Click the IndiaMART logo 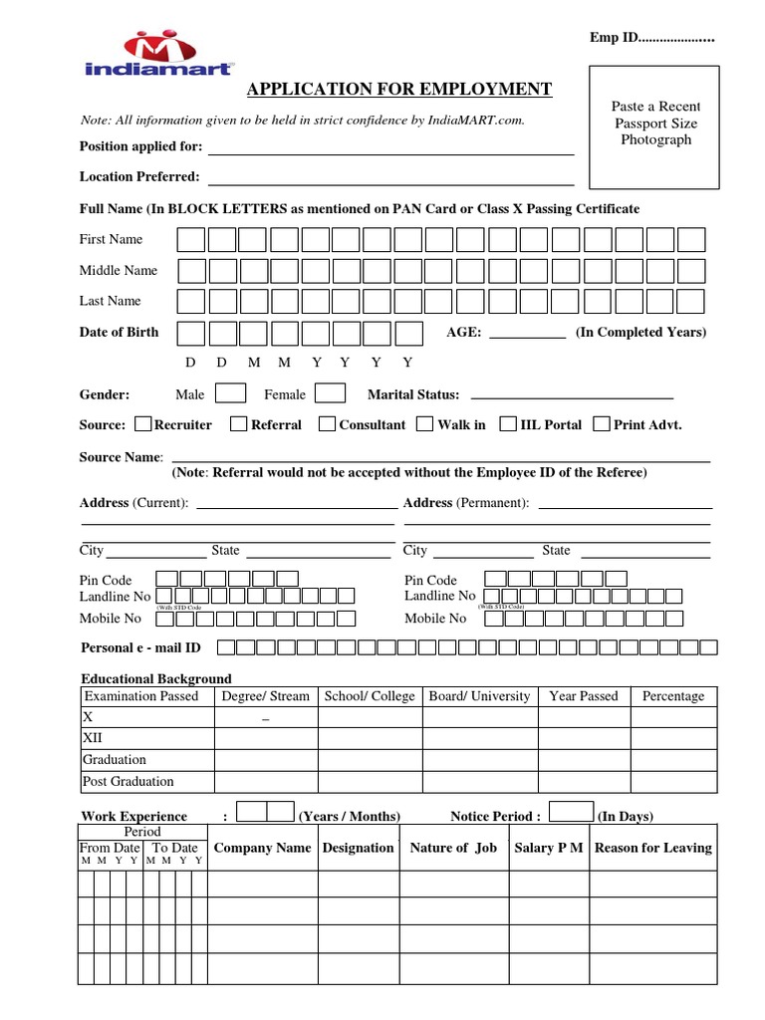[x=173, y=55]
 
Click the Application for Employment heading [x=399, y=90]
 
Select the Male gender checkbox [x=231, y=393]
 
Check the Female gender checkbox [x=331, y=393]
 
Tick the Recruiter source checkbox [x=141, y=423]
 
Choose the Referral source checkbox [x=238, y=423]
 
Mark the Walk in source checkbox [x=425, y=423]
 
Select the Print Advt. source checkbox [x=601, y=423]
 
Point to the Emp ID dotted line [x=676, y=39]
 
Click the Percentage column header [x=673, y=696]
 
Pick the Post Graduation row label [x=128, y=782]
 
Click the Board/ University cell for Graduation [x=480, y=760]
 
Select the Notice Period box [x=571, y=812]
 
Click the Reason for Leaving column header [x=652, y=848]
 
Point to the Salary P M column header [x=548, y=848]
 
